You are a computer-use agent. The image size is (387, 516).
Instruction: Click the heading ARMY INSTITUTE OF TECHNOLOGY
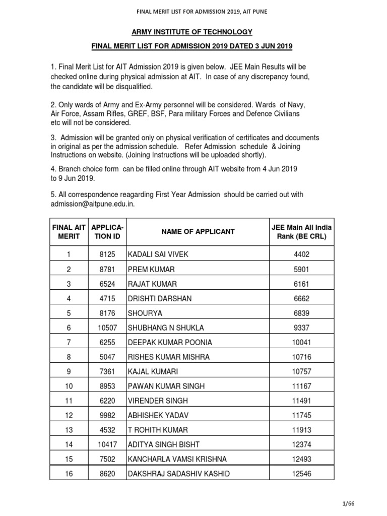(191, 32)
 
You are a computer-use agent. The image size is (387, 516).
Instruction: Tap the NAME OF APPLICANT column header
(198, 232)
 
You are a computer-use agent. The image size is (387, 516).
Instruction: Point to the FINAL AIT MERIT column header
(69, 232)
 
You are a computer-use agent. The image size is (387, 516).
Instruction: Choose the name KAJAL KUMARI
(153, 371)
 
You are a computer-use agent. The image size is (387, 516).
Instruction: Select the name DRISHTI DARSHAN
(160, 298)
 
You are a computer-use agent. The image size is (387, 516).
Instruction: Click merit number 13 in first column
(69, 430)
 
